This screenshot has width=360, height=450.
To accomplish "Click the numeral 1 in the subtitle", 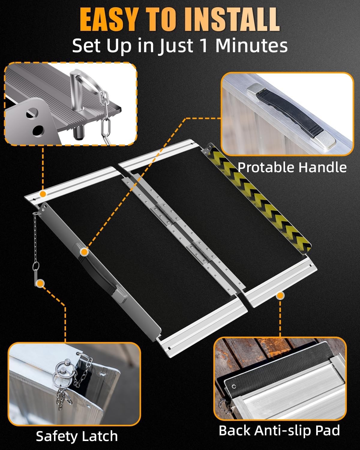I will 204,46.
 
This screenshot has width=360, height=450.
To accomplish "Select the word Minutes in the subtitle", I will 251,46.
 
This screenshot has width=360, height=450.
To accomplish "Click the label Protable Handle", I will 292,167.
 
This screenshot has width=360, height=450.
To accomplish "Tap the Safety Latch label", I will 77,436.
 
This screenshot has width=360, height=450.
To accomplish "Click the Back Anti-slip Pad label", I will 279,430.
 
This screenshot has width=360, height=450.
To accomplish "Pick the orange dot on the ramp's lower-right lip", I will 280,296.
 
